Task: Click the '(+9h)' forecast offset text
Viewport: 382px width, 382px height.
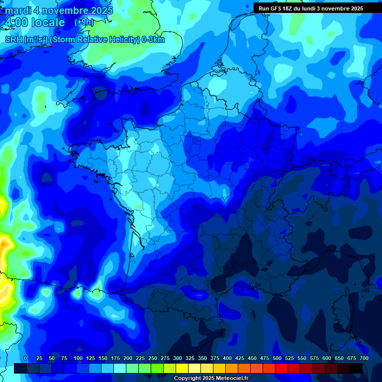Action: (84, 22)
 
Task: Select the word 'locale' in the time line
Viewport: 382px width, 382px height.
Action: (48, 23)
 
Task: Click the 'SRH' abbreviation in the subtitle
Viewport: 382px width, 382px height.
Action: (13, 40)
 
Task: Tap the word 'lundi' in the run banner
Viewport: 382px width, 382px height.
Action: (311, 8)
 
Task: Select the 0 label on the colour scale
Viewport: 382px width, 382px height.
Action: (25, 358)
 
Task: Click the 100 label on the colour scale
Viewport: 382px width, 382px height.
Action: (78, 358)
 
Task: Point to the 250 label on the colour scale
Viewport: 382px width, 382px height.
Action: (153, 358)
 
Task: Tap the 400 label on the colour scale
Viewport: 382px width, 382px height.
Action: (227, 358)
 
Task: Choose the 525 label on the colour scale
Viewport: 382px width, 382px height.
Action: (289, 358)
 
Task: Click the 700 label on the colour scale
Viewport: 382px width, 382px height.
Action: (364, 358)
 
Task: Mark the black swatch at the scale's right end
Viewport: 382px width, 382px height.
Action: (356, 368)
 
